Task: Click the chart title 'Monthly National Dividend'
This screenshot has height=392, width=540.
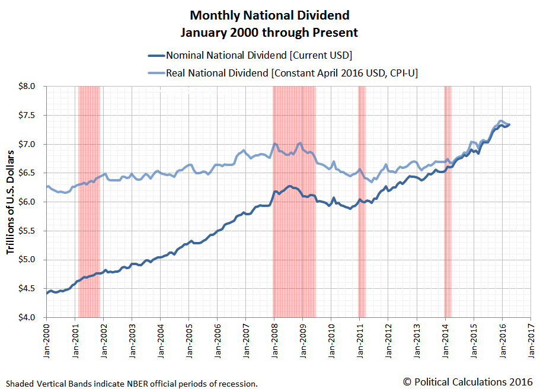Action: pos(270,14)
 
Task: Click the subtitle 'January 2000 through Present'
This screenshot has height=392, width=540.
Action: pos(270,32)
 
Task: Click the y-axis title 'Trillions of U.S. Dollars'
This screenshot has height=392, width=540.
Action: pos(11,202)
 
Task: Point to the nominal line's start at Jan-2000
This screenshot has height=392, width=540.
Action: pos(47,292)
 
